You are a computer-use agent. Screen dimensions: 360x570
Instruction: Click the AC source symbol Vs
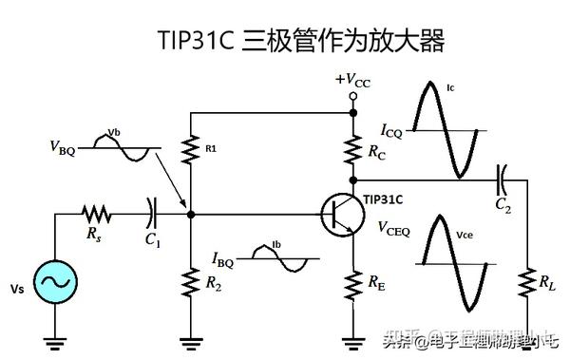point(54,282)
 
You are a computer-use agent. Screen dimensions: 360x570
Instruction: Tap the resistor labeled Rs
point(98,213)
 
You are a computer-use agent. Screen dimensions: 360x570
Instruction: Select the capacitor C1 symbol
point(151,213)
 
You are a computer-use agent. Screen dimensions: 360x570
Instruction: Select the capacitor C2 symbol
point(503,177)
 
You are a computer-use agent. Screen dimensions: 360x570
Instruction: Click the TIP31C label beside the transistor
point(383,199)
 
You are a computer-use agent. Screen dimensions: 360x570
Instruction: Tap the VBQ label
point(61,148)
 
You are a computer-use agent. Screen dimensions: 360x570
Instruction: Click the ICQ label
point(391,132)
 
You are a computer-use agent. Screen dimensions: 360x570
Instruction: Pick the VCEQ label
point(393,228)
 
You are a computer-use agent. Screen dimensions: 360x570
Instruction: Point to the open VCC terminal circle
point(353,96)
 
